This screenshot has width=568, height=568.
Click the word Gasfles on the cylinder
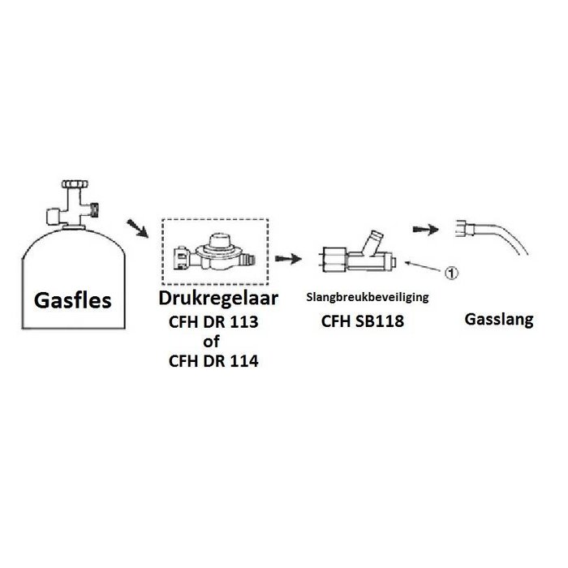coord(73,301)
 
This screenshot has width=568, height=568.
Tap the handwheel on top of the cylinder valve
coord(75,184)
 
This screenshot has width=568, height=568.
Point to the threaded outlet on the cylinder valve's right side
coord(94,210)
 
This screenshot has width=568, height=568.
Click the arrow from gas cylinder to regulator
coord(137,228)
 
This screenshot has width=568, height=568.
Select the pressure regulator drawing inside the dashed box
coord(215,252)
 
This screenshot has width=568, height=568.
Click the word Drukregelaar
coord(218,298)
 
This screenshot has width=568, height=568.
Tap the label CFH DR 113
coord(213,322)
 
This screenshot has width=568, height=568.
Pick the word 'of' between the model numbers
coord(212,342)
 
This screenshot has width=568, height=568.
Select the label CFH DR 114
coord(213,361)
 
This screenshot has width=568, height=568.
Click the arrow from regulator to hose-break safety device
coord(288,259)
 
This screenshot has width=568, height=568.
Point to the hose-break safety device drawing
coord(358,252)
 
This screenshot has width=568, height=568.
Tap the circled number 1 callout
coord(451,273)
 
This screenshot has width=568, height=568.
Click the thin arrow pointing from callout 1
coord(424,266)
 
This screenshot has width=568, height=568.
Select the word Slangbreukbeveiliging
coord(368,298)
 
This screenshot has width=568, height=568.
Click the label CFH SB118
coord(363,321)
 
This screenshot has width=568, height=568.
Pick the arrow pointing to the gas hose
coord(426,230)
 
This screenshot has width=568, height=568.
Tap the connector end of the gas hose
coord(464,230)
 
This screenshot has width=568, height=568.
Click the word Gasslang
coord(499,320)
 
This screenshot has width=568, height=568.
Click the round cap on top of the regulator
coord(220,240)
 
